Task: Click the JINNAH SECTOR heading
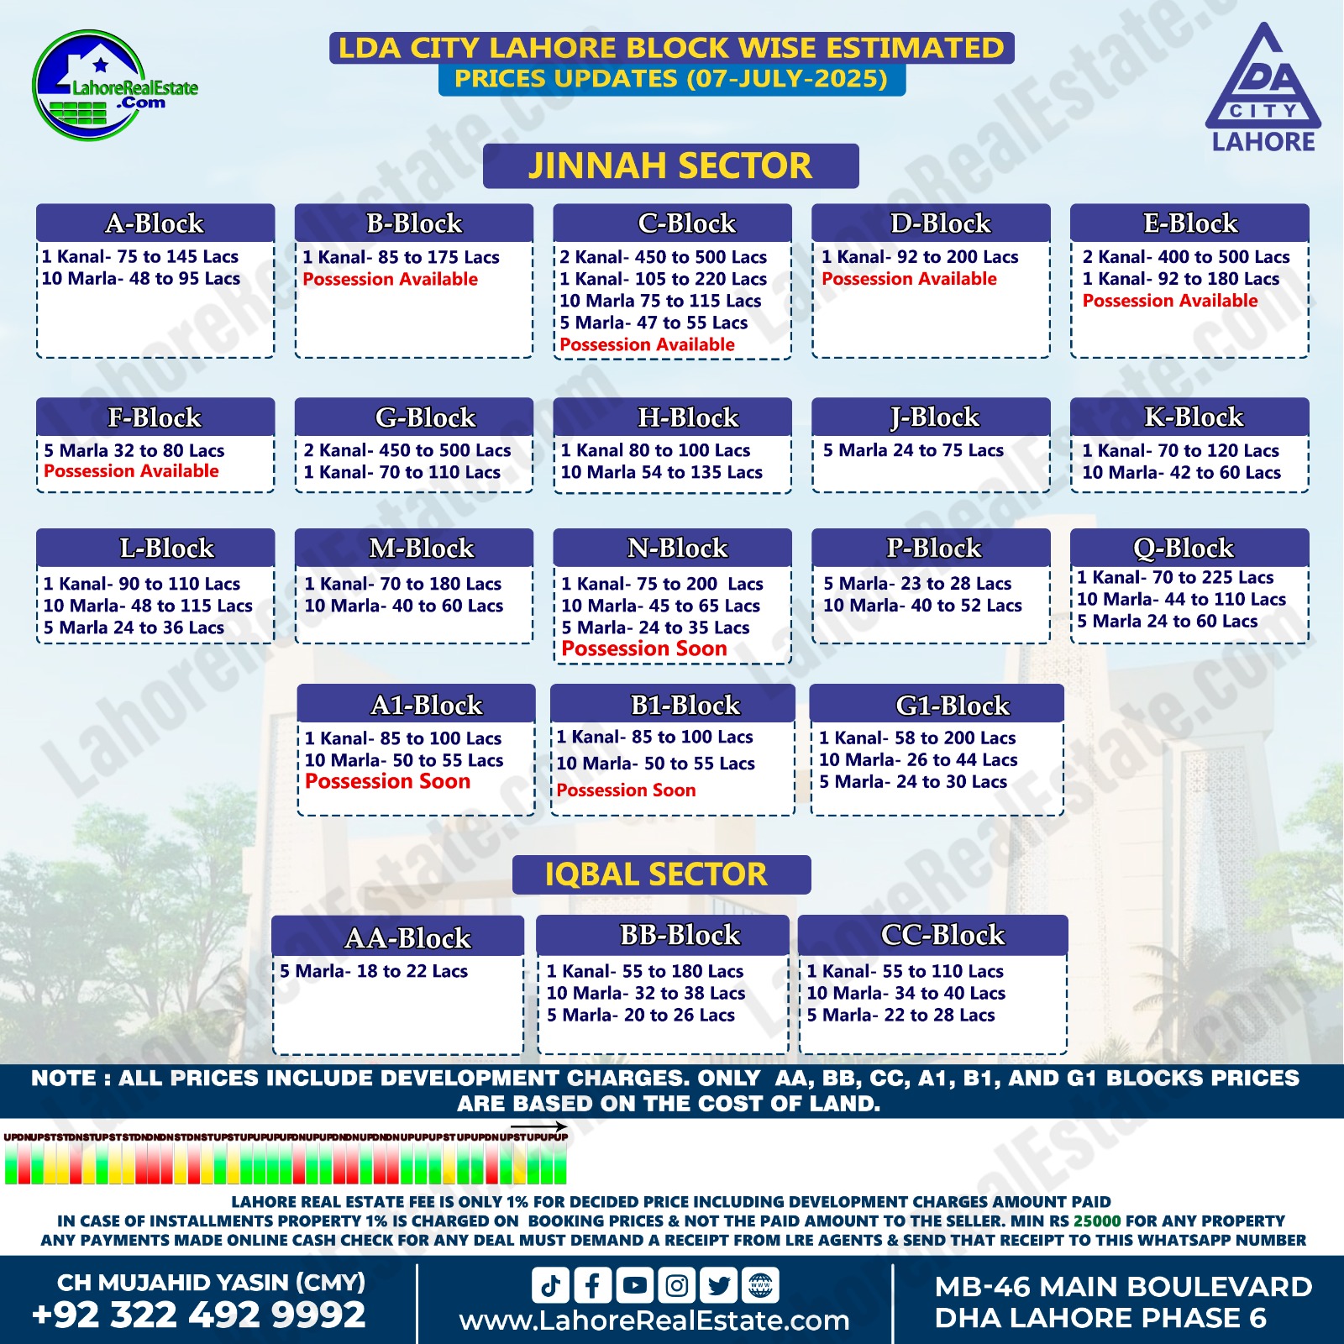pos(670,165)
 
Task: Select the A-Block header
pos(155,223)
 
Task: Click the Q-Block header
pos(1189,548)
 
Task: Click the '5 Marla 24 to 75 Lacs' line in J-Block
pos(913,450)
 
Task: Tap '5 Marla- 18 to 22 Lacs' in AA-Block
pos(373,971)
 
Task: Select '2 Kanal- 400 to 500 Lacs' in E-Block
pos(1185,257)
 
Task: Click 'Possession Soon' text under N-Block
pos(643,648)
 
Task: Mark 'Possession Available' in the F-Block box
pos(131,471)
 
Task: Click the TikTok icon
pos(550,1285)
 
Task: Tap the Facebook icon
pos(592,1285)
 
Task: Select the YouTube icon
pos(635,1285)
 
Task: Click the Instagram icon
pos(677,1285)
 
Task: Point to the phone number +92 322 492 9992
pos(199,1315)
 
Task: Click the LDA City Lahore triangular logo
pos(1263,88)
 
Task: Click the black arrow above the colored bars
pos(538,1126)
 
